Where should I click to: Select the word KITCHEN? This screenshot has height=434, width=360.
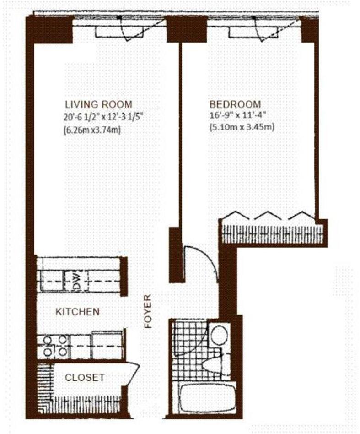[x=77, y=312]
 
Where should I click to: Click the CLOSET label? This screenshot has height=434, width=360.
[x=84, y=378]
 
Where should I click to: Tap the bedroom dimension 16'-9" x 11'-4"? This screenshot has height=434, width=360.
[x=240, y=116]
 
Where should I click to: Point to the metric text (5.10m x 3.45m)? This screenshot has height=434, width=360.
[x=242, y=128]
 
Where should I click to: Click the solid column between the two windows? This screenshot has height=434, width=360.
[x=180, y=29]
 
